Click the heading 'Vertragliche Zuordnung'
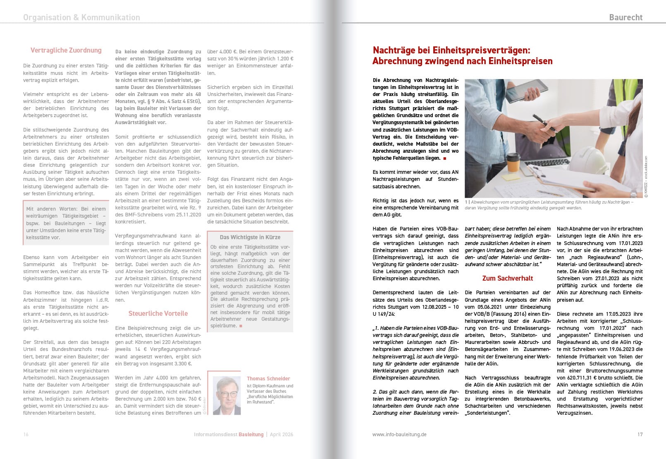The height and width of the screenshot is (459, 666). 66,50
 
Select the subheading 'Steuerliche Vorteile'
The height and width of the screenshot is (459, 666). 158,313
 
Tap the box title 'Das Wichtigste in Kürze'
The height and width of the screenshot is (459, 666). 250,237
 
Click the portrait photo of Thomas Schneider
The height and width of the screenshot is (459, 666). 226,395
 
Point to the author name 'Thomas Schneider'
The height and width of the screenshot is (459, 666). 268,378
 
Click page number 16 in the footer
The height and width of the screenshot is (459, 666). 26,434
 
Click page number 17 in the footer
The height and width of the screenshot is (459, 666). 640,434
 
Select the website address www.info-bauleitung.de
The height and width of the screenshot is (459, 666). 399,434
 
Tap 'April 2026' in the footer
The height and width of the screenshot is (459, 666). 282,434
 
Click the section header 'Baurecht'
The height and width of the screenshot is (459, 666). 625,17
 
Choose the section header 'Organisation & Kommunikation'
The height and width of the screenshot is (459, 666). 81,17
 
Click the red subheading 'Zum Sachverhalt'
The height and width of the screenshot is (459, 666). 507,278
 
